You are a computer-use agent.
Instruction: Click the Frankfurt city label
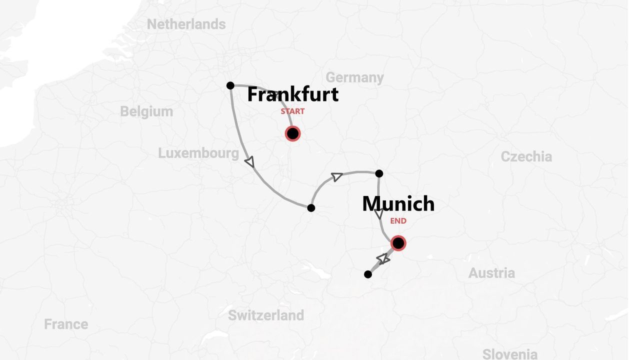pyautogui.click(x=292, y=94)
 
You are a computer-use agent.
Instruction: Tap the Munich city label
pyautogui.click(x=398, y=203)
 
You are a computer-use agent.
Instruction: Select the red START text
pyautogui.click(x=292, y=111)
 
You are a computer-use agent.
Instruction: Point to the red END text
pyautogui.click(x=398, y=221)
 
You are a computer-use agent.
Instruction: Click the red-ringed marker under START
pyautogui.click(x=292, y=133)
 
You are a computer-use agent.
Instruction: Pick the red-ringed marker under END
pyautogui.click(x=398, y=243)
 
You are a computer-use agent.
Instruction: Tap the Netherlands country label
pyautogui.click(x=186, y=24)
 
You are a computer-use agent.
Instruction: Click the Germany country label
pyautogui.click(x=354, y=77)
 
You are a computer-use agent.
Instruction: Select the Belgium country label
pyautogui.click(x=146, y=111)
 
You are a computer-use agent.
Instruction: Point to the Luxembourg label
pyautogui.click(x=198, y=153)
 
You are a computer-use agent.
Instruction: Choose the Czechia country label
pyautogui.click(x=526, y=156)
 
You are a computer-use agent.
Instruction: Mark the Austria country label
pyautogui.click(x=491, y=273)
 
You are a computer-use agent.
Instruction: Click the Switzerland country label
pyautogui.click(x=265, y=315)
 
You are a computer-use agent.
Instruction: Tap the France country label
pyautogui.click(x=66, y=324)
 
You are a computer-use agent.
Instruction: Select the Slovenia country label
pyautogui.click(x=509, y=354)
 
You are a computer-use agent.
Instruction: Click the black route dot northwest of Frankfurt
pyautogui.click(x=230, y=85)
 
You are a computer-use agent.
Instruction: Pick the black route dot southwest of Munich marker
pyautogui.click(x=368, y=274)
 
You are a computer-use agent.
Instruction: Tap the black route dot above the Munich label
pyautogui.click(x=379, y=173)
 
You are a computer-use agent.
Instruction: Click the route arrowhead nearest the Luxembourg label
pyautogui.click(x=249, y=161)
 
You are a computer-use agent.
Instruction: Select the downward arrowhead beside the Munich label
pyautogui.click(x=379, y=214)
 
